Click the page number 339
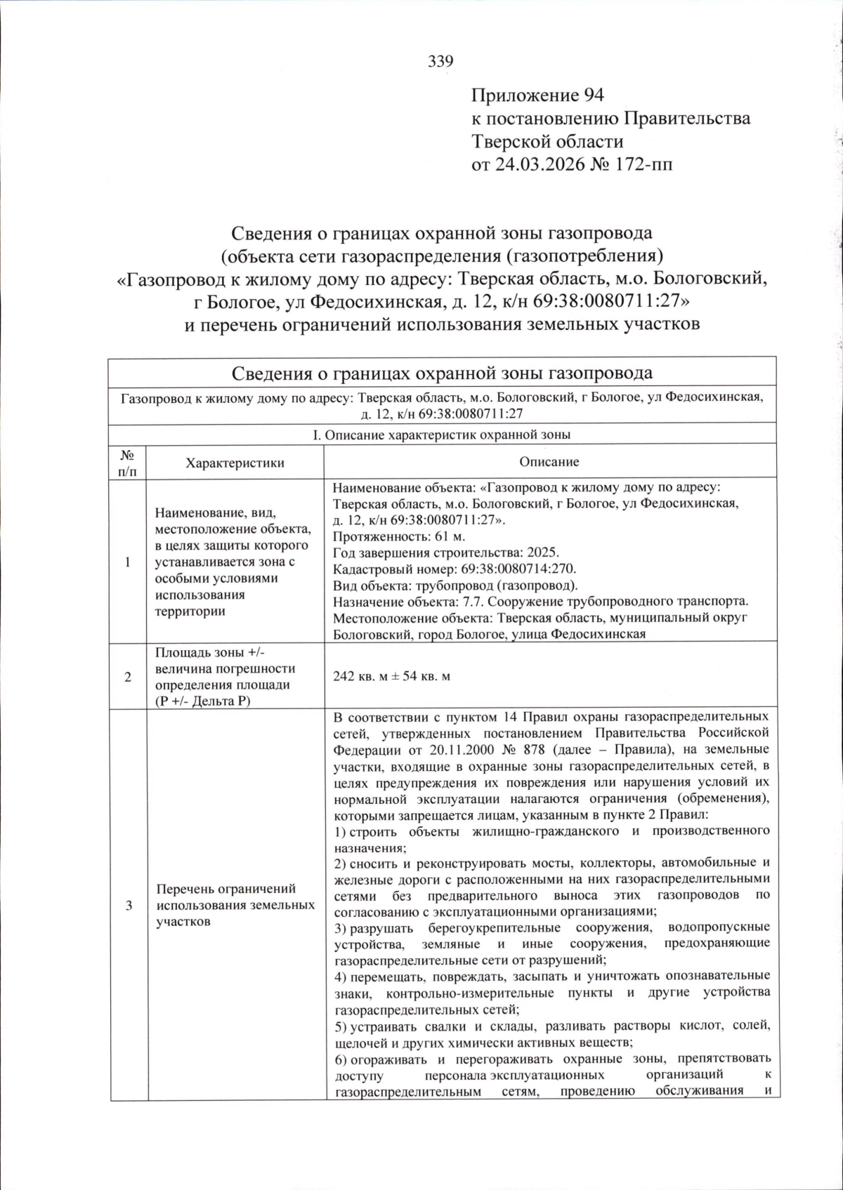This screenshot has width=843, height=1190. pos(440,62)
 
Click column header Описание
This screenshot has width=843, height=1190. pos(549,462)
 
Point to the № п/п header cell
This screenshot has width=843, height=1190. pos(128,463)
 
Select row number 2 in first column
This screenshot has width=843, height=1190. pos(128,677)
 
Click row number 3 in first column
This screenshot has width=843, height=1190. pos(128,906)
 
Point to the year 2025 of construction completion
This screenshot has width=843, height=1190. pos(544,553)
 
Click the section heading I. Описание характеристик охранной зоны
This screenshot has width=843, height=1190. pos(441,435)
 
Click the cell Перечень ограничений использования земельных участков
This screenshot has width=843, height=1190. pos(235,906)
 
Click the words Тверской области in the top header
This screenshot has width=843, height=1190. pos(547,142)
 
